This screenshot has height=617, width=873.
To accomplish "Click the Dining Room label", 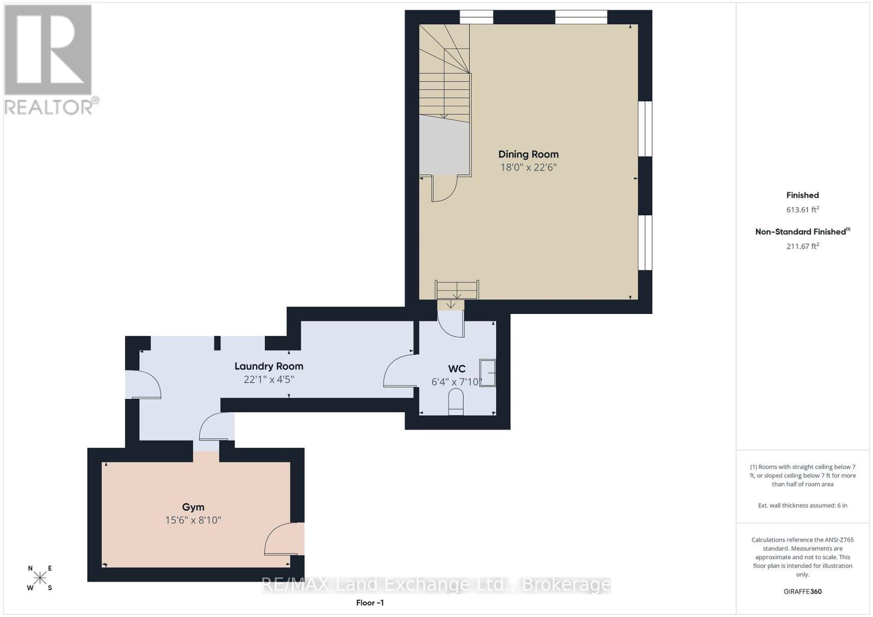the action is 528,154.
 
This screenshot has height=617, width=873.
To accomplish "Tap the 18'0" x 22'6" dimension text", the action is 528,167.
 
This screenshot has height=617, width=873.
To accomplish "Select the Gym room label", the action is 193,507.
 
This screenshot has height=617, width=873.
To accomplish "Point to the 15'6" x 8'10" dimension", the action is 193,520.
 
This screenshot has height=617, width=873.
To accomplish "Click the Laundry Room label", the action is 268,366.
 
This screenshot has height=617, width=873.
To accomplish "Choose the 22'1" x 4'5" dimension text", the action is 268,379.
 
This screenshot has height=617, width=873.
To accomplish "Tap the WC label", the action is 456,368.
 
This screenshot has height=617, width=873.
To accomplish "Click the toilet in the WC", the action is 456,402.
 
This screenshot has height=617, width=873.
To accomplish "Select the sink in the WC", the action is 488,373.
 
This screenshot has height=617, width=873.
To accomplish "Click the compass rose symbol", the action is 40,578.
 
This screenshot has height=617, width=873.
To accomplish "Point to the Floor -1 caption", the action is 369,603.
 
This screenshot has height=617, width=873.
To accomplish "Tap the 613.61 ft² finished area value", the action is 803,209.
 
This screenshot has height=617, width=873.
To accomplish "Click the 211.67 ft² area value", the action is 803,246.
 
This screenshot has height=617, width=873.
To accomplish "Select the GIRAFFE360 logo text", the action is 803,591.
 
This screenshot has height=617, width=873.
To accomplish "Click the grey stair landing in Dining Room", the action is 444,145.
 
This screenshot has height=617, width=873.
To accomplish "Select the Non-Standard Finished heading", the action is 803,232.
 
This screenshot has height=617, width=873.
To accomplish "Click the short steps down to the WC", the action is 456,290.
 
